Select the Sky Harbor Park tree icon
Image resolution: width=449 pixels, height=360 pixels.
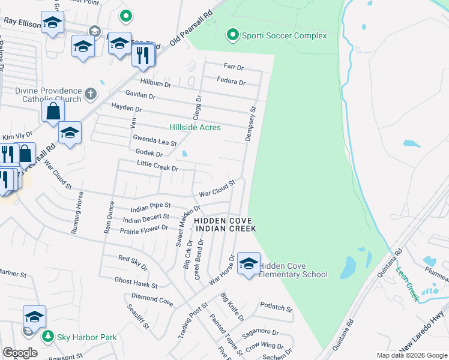click(x=48, y=337)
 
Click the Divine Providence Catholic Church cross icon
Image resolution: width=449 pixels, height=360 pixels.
click(x=90, y=94)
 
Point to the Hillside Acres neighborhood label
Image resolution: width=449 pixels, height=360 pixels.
click(x=195, y=127)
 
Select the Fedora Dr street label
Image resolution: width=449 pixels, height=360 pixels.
click(x=231, y=82)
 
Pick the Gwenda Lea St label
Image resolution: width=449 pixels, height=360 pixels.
click(x=155, y=143)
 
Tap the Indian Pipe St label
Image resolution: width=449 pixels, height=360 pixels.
click(x=151, y=209)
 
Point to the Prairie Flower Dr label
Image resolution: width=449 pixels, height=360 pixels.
click(x=144, y=230)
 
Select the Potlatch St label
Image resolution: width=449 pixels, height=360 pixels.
click(x=276, y=309)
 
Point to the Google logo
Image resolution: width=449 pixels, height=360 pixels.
click(x=20, y=353)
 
